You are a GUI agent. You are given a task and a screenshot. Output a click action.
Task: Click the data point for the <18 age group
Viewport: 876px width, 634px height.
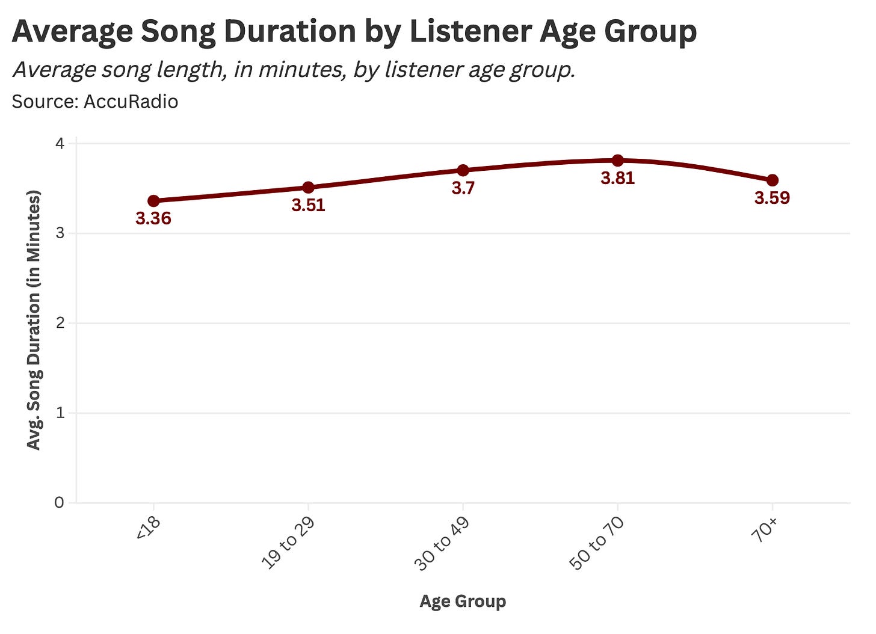[x=153, y=201]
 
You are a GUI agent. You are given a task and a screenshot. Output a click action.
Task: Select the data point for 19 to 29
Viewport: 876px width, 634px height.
[x=308, y=188]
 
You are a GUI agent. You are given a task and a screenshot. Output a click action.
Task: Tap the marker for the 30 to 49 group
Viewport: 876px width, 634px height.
[x=463, y=170]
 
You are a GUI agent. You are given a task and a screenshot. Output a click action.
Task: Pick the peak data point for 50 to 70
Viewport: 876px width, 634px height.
[x=617, y=161]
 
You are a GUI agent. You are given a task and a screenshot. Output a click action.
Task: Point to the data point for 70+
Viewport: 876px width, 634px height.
[x=772, y=180]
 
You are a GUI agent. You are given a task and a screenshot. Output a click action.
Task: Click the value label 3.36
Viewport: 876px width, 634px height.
[x=153, y=219]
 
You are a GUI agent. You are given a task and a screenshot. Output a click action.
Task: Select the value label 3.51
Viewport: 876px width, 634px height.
[x=308, y=206]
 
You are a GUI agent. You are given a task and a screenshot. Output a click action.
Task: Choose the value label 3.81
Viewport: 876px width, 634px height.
[x=617, y=179]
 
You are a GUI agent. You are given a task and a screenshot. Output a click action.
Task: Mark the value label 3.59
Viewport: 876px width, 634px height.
[x=772, y=199]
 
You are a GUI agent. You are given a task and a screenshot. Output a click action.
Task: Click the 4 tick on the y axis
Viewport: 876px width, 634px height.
[x=60, y=144]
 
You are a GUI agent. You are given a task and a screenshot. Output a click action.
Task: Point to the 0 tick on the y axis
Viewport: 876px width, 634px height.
[x=60, y=503]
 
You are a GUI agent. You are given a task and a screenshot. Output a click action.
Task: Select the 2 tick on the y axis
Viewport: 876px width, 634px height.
[x=60, y=324]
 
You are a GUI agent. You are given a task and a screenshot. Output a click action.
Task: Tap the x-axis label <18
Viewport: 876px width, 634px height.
[x=149, y=529]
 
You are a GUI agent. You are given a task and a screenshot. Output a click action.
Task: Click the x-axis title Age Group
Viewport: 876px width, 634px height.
[x=463, y=602]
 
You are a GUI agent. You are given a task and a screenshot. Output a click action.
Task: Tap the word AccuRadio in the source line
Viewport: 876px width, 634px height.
[x=131, y=102]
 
